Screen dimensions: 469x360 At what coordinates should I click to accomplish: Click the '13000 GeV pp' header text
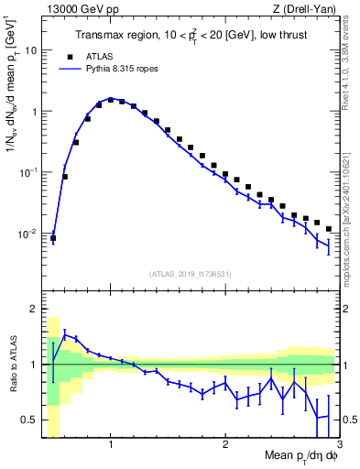coord(80,10)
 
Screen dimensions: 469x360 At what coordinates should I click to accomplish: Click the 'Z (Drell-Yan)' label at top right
coord(309,10)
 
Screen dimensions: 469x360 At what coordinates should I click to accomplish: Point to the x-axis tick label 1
coord(111,445)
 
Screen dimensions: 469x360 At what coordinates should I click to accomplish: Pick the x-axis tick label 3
coord(340,445)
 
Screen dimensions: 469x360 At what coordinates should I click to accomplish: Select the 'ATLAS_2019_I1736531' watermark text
coord(191,274)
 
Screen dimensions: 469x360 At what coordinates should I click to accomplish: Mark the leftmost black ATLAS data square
coord(53,238)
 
